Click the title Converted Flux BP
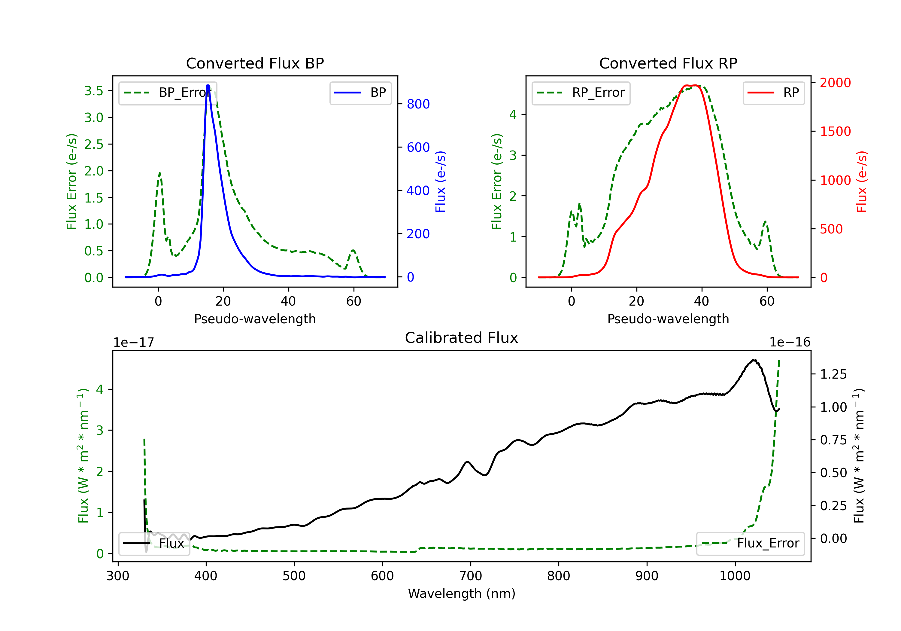[255, 63]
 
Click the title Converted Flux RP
[668, 63]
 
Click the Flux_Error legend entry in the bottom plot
[750, 544]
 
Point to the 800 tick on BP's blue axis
[418, 104]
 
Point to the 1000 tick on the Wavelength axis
[735, 576]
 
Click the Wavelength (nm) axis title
[462, 593]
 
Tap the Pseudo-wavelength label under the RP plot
[668, 319]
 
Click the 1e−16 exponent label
[790, 343]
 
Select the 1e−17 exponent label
[133, 343]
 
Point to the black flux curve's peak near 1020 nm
[754, 360]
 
